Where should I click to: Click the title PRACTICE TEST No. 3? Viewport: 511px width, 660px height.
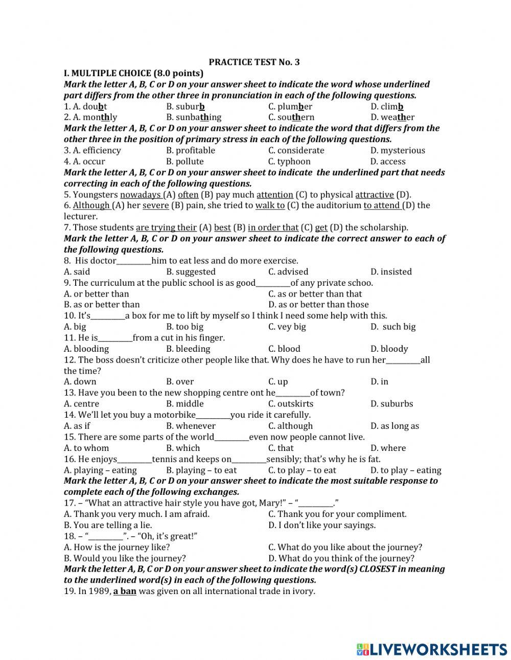pyautogui.click(x=254, y=62)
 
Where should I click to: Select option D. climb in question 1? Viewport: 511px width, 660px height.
pyautogui.click(x=387, y=106)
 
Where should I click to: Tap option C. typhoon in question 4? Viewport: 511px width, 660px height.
pyautogui.click(x=289, y=162)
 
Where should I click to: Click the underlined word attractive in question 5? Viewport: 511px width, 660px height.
pyautogui.click(x=375, y=195)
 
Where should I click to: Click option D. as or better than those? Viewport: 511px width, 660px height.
pyautogui.click(x=318, y=305)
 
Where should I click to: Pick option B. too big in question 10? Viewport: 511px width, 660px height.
pyautogui.click(x=184, y=327)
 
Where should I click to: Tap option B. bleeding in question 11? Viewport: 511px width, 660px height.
pyautogui.click(x=188, y=349)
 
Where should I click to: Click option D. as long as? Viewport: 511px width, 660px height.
pyautogui.click(x=394, y=426)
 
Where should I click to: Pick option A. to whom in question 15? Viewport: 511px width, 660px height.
pyautogui.click(x=86, y=448)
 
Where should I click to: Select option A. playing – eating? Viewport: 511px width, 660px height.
pyautogui.click(x=100, y=470)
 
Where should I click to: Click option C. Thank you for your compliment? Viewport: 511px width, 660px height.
pyautogui.click(x=337, y=514)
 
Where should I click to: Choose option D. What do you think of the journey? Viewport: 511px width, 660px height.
pyautogui.click(x=341, y=558)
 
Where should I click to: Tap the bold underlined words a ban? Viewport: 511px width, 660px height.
pyautogui.click(x=125, y=591)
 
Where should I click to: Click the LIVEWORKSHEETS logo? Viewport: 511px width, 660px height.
pyautogui.click(x=432, y=649)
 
